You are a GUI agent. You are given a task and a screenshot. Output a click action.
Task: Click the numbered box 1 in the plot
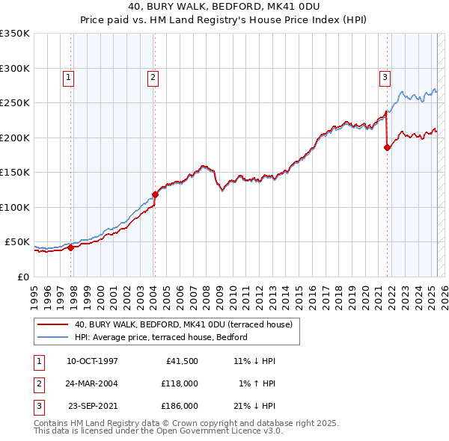tap(68, 76)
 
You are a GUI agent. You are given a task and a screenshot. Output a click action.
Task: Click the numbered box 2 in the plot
tap(153, 76)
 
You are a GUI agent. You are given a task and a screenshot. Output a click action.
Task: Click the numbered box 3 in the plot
tap(385, 76)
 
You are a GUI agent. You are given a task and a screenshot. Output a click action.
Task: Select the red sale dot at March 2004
tap(155, 194)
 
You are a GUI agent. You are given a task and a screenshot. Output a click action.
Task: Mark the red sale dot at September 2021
tap(388, 147)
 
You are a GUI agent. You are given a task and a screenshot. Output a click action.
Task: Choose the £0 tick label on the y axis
tap(22, 277)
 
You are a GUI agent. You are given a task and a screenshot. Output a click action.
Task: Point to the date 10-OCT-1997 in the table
tap(93, 361)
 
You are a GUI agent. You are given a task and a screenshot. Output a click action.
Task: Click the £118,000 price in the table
tap(180, 383)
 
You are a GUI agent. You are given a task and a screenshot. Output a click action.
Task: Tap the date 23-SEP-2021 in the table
tap(93, 406)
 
